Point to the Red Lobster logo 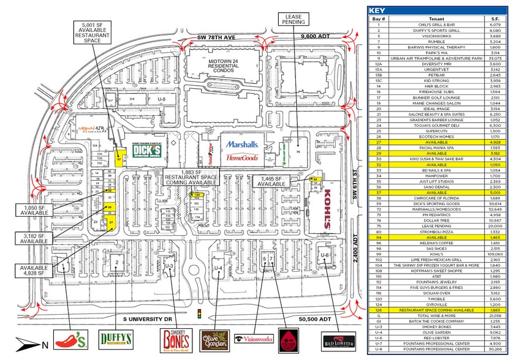coord(338,340)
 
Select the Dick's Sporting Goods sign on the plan coord(147,151)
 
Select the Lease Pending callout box coord(293,20)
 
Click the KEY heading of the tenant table coord(378,10)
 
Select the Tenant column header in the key coord(434,19)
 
